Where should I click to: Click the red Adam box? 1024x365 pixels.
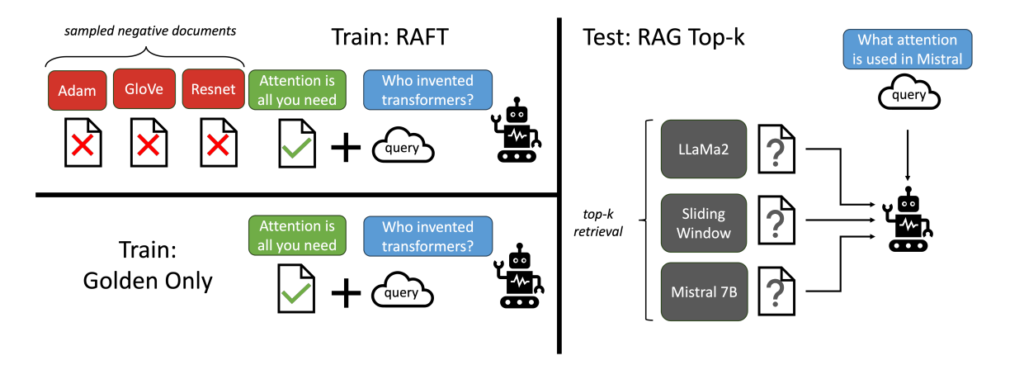click(77, 90)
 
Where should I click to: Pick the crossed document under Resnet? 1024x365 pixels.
click(217, 144)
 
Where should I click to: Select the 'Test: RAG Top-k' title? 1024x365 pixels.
click(662, 38)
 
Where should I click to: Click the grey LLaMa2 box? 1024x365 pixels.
click(703, 149)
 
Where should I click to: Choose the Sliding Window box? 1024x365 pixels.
click(703, 223)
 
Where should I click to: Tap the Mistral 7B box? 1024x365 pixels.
click(703, 292)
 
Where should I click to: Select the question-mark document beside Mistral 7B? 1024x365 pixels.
click(775, 291)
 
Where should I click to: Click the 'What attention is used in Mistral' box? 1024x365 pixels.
click(907, 50)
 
